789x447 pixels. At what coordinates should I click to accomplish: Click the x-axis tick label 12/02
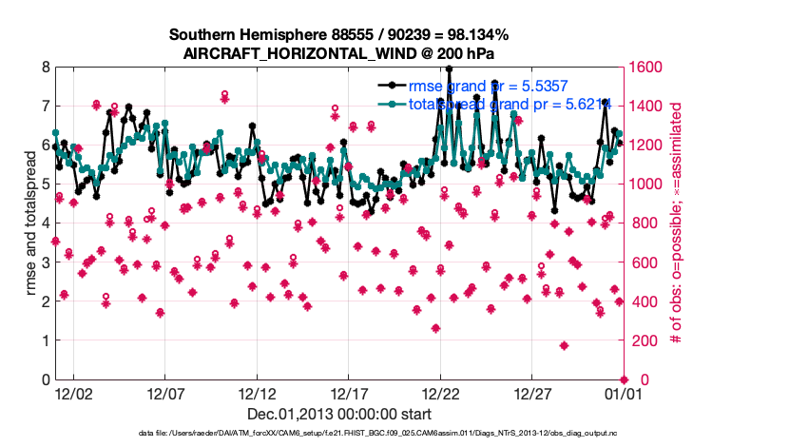pyautogui.click(x=73, y=393)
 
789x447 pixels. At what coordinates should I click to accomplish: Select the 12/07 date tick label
pyautogui.click(x=164, y=393)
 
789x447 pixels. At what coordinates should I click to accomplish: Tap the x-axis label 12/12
pyautogui.click(x=257, y=393)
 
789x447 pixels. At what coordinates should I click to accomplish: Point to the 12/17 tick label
pyautogui.click(x=349, y=393)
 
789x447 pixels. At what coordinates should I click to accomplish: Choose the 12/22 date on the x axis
pyautogui.click(x=440, y=393)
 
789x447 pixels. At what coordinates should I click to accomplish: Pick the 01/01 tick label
pyautogui.click(x=624, y=393)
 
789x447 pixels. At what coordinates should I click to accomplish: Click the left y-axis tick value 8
pyautogui.click(x=45, y=68)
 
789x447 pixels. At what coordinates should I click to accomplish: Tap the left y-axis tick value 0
pyautogui.click(x=45, y=380)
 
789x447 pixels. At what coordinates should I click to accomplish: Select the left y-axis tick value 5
pyautogui.click(x=45, y=185)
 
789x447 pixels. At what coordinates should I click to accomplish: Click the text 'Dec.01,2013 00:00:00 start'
pyautogui.click(x=339, y=414)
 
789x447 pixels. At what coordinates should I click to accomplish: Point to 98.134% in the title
pyautogui.click(x=422, y=35)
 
